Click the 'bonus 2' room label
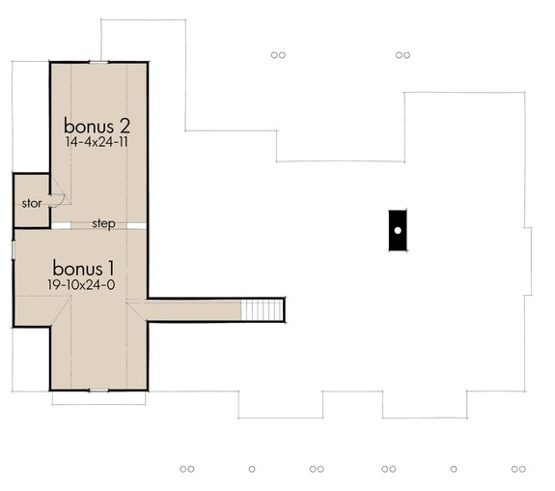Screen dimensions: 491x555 [97, 126]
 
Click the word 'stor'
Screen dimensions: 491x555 [31, 204]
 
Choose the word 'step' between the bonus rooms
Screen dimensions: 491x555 [104, 224]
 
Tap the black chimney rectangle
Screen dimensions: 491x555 [397, 231]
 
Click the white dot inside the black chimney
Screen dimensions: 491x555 [397, 231]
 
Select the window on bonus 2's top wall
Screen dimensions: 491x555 [98, 62]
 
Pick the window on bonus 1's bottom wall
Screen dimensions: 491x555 [98, 390]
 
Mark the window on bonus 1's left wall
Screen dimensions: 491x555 [13, 249]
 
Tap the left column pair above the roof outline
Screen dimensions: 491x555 [278, 55]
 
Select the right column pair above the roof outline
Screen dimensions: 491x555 [403, 55]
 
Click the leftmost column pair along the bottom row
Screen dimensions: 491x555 [187, 469]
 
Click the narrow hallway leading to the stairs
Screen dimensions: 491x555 [193, 310]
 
